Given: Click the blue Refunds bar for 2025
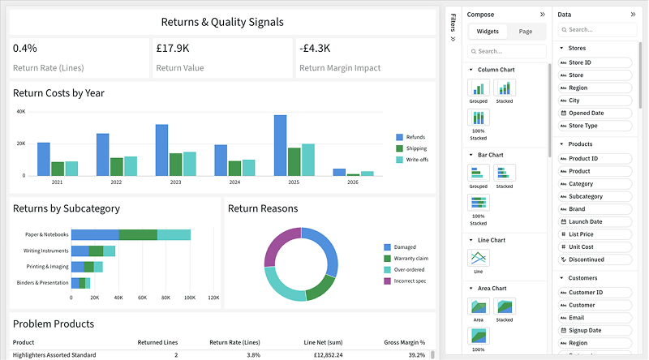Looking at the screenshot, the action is pos(280,145).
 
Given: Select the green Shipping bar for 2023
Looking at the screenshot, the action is pos(175,165).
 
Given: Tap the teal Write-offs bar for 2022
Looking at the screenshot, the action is pos(131,166).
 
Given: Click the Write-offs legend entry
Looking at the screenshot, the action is pos(412,160).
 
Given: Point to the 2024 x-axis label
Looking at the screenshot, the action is pos(234,182).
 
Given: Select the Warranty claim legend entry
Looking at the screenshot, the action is pos(406,258).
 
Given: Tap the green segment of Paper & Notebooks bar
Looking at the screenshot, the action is pos(138,234).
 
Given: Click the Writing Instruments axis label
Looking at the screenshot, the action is pos(46,251).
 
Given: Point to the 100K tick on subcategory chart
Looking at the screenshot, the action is pos(190,298).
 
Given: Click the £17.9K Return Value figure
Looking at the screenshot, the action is pos(173,49).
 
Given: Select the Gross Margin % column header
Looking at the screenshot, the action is pos(404,342).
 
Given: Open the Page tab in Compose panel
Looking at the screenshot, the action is pos(525,32).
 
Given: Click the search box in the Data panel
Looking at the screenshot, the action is pos(597,30).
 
